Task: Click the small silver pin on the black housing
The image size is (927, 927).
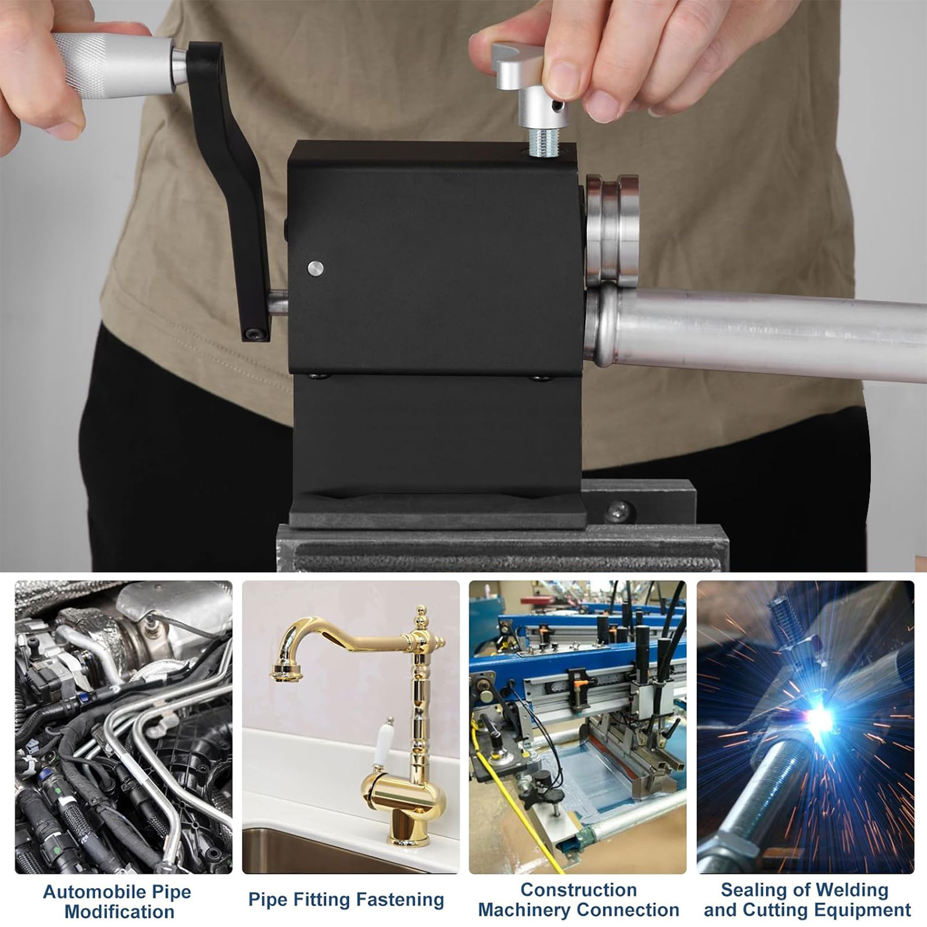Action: (x=316, y=268)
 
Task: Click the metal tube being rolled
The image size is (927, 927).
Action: (x=753, y=330)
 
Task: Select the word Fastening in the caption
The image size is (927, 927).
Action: (x=400, y=900)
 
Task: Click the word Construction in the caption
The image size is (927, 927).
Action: (x=578, y=889)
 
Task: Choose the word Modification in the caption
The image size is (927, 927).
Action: (x=119, y=911)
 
